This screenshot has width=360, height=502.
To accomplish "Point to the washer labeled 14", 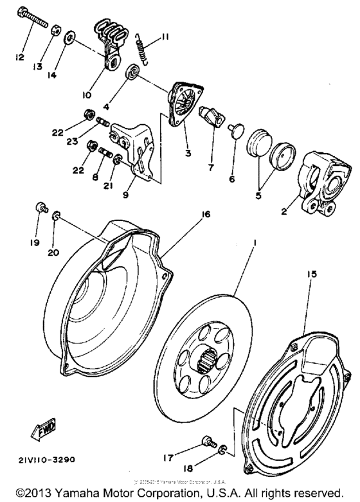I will coord(69,40).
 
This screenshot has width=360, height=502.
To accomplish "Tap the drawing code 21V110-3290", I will coord(46,461).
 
